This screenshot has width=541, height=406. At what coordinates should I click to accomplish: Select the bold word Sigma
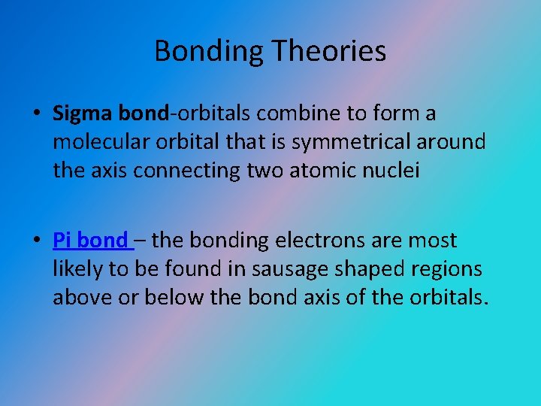82,114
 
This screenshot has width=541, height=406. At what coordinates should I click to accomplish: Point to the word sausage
290,269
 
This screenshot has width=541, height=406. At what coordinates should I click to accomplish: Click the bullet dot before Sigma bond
36,114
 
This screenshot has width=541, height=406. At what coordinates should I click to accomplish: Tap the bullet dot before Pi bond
36,241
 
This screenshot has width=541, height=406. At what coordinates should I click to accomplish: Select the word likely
76,269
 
